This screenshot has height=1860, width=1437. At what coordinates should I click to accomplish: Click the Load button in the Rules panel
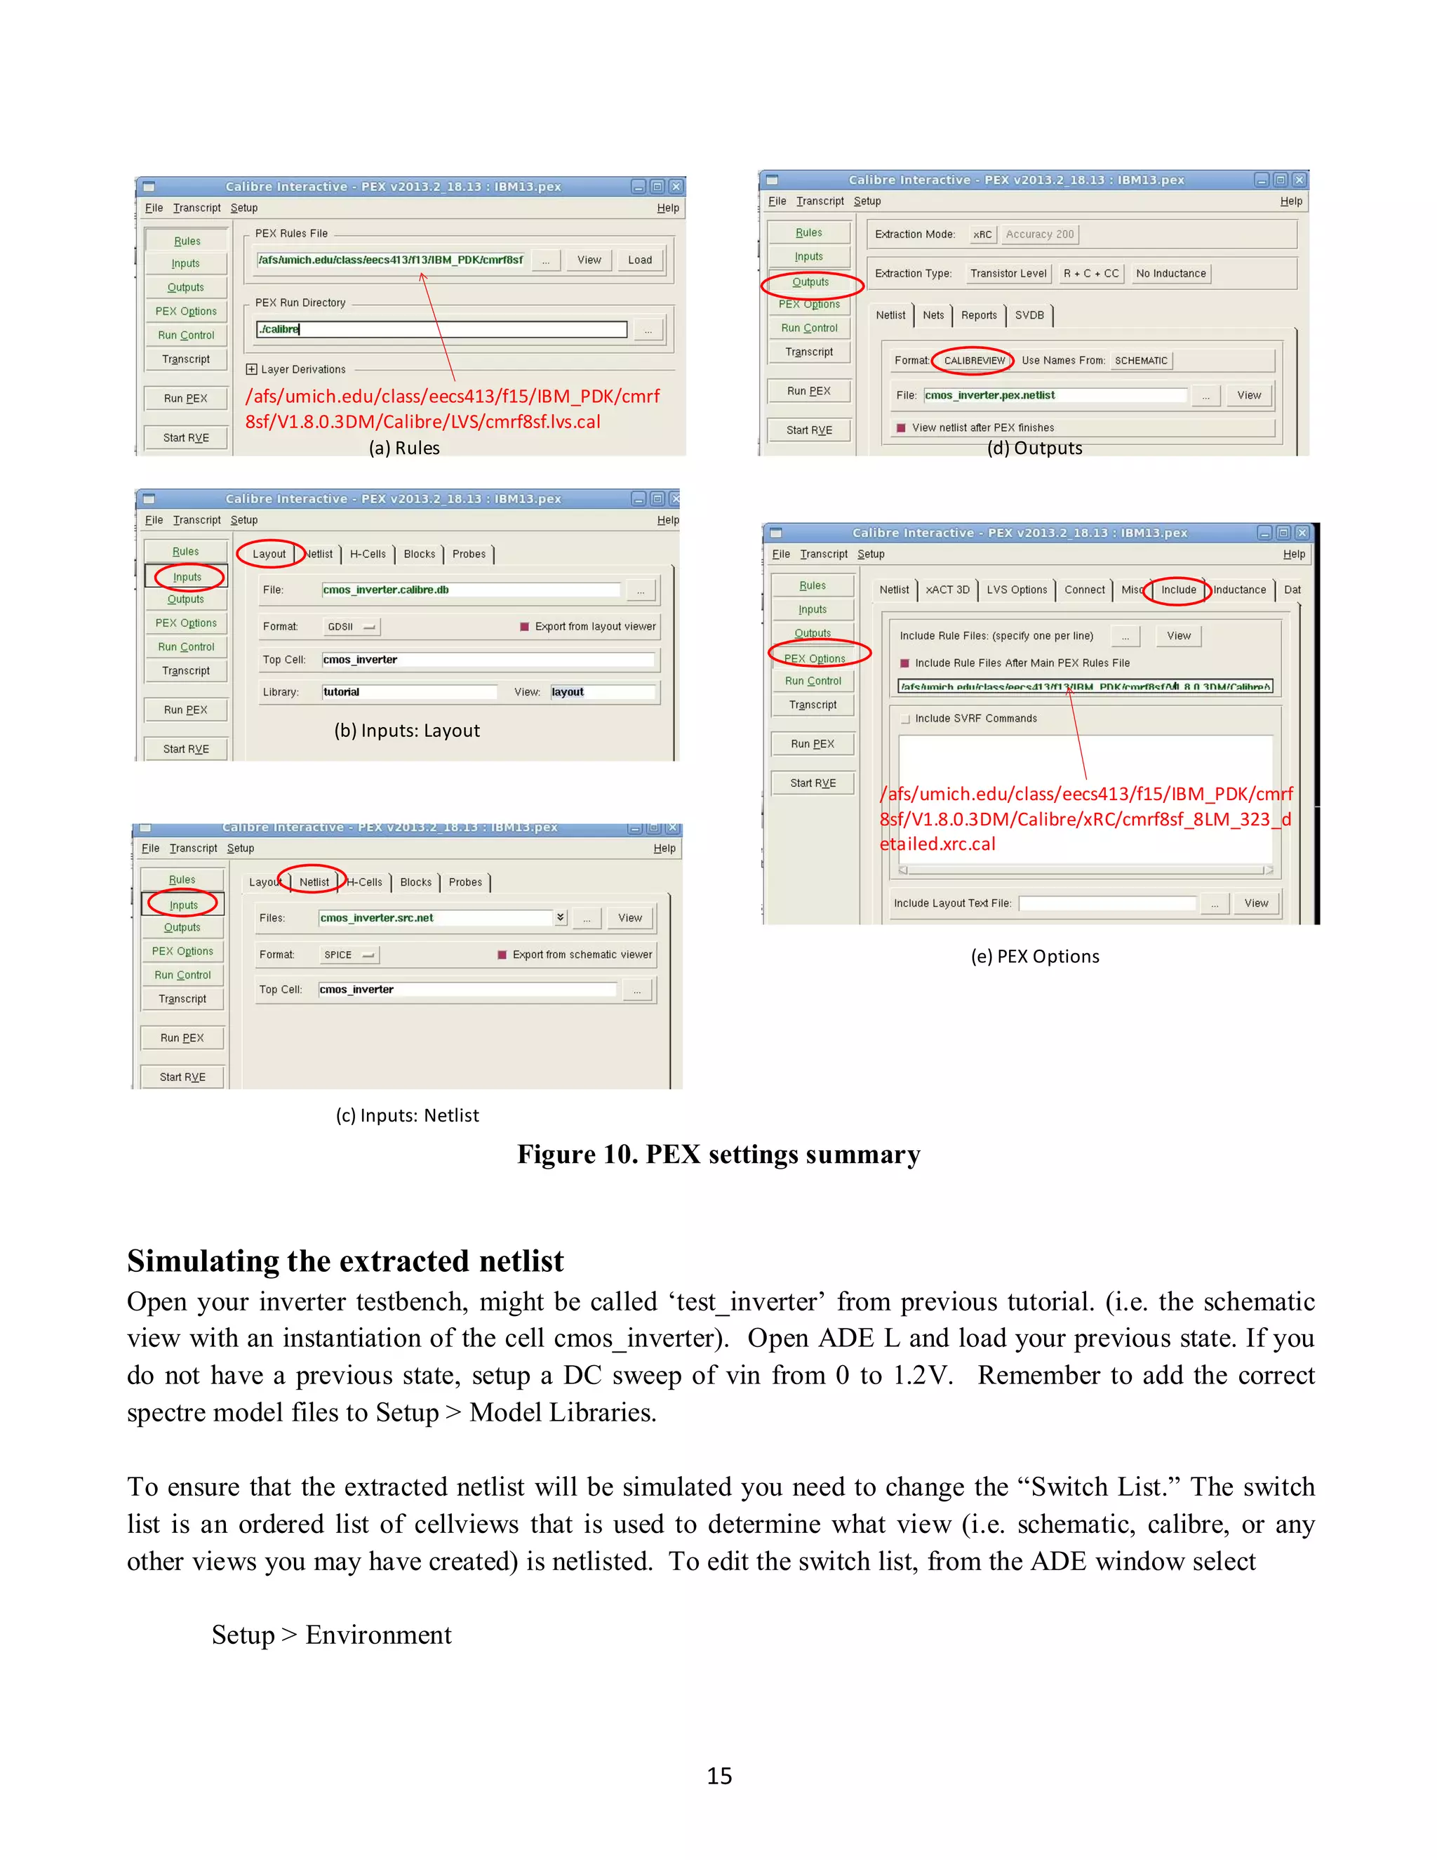(639, 260)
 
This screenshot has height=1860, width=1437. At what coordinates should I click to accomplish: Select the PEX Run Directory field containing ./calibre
(441, 330)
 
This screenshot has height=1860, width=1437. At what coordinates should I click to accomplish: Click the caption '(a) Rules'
(404, 448)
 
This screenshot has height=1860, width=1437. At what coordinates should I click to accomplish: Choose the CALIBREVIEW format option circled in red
(974, 361)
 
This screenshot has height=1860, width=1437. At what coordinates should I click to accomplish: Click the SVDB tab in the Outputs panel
(1029, 315)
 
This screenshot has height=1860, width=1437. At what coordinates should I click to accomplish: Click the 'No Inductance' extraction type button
(1170, 273)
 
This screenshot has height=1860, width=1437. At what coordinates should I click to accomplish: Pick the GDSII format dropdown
(352, 627)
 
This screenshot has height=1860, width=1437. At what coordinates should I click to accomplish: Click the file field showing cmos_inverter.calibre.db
(471, 590)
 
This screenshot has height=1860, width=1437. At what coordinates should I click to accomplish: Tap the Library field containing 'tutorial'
(408, 692)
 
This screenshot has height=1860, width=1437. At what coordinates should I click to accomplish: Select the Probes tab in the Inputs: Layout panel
(469, 554)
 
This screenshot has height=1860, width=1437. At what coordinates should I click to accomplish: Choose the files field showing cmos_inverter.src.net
(435, 918)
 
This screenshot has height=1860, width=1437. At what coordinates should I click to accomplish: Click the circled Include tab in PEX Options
(1178, 590)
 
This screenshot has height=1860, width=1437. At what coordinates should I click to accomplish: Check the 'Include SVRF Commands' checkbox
(906, 719)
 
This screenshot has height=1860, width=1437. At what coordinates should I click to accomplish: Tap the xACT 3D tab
(947, 590)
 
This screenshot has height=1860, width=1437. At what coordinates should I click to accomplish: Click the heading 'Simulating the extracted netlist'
(345, 1261)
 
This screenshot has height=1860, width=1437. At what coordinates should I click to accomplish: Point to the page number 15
(719, 1776)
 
